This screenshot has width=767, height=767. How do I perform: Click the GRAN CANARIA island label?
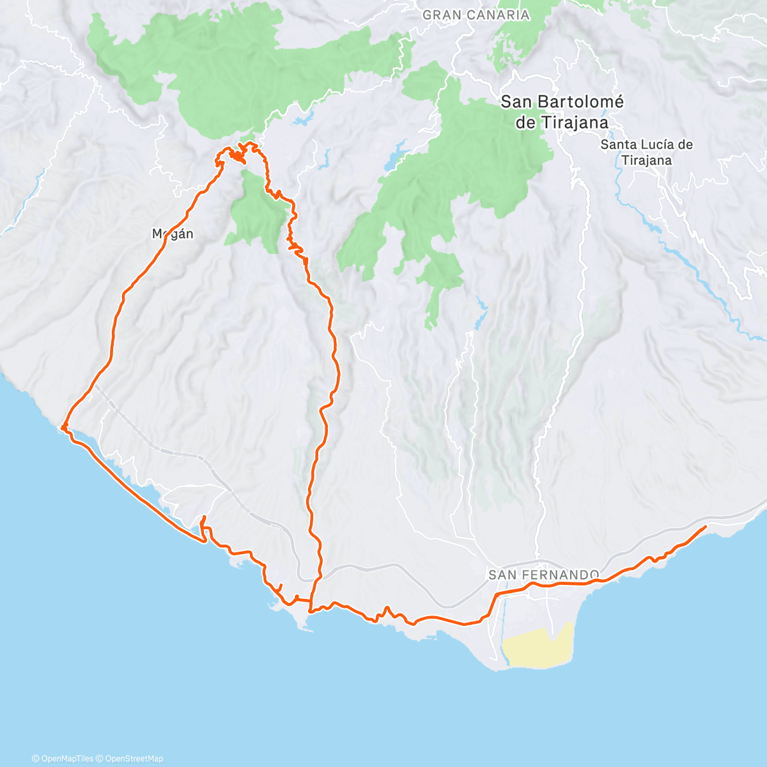476,15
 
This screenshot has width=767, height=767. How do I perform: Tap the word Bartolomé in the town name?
582,102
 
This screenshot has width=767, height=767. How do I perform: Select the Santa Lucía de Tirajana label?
646,152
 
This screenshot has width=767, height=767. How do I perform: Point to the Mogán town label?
173,234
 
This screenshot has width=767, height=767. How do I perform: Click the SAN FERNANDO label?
544,575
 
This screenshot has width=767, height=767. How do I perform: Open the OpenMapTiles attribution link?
66,759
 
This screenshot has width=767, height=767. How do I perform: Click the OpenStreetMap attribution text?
134,759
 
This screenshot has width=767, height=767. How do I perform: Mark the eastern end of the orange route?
705,527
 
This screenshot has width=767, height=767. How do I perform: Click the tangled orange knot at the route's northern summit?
238,155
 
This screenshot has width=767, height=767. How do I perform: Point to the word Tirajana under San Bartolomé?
573,123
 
